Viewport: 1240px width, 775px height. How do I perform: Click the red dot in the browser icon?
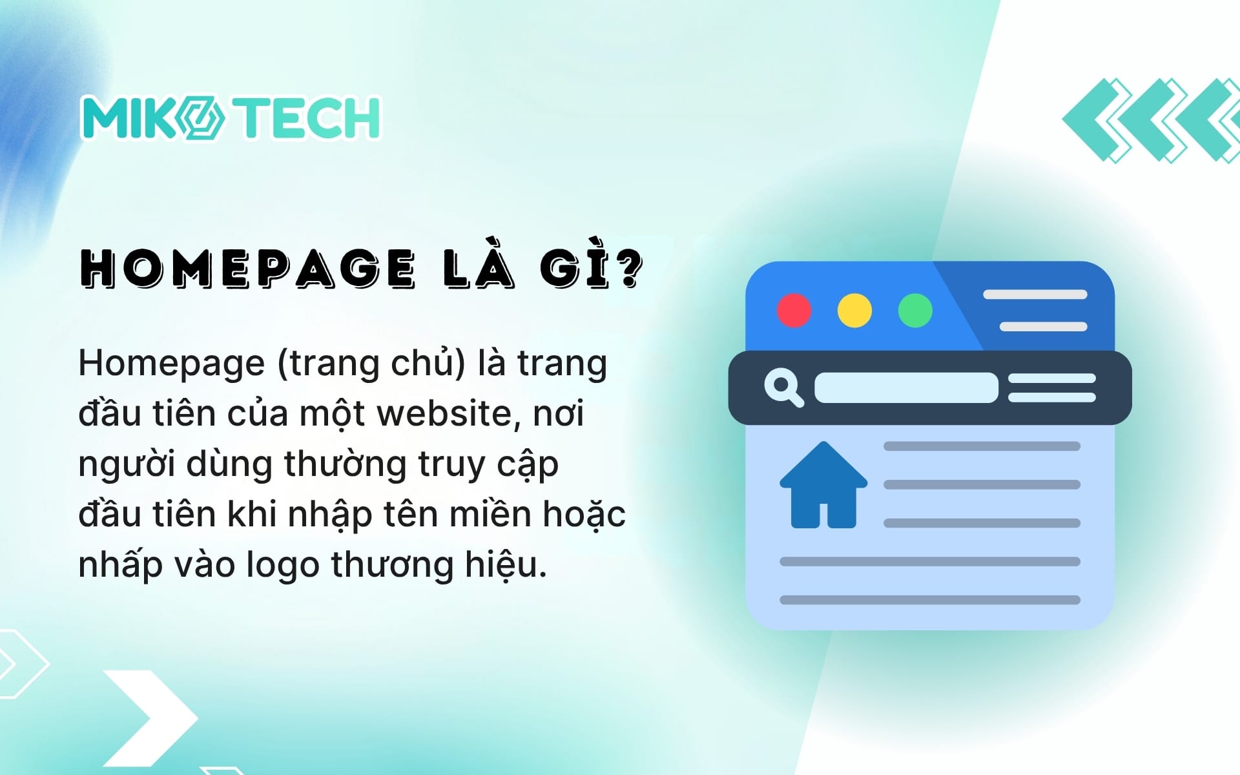(x=794, y=311)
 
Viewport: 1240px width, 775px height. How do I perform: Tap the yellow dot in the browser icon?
(x=854, y=311)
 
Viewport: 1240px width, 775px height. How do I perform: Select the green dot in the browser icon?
(x=915, y=311)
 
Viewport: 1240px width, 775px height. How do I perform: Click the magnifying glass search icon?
(x=783, y=387)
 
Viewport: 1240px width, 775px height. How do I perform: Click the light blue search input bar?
(x=906, y=387)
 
